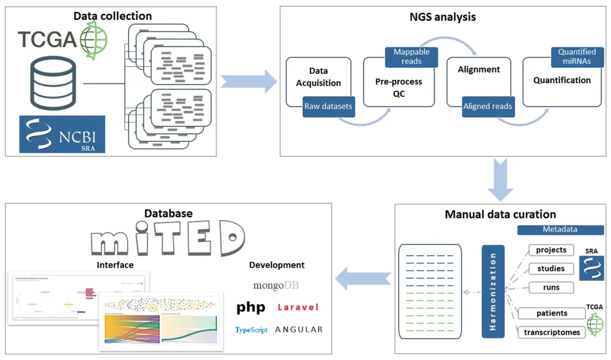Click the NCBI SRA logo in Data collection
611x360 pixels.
(62, 134)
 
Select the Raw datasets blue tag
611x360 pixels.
(328, 106)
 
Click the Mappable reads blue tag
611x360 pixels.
(411, 56)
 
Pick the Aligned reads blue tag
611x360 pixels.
(488, 106)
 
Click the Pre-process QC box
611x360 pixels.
(398, 88)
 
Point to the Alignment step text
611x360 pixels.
(478, 70)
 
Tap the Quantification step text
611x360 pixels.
(562, 80)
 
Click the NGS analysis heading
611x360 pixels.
(442, 17)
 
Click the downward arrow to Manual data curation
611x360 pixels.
(500, 180)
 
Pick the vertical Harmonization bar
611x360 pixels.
(493, 291)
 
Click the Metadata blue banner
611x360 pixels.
(560, 230)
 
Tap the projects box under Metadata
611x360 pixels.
(551, 250)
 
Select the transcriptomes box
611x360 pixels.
(552, 332)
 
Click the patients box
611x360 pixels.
(552, 313)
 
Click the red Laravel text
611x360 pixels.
(298, 307)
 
